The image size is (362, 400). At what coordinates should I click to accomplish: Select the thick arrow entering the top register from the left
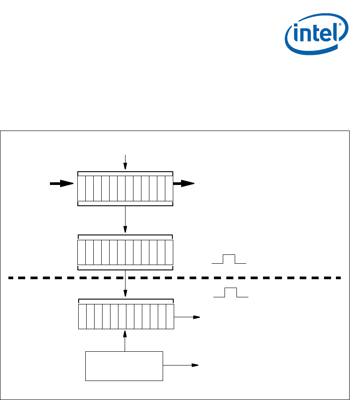point(61,184)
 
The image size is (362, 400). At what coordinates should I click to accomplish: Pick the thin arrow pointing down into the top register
point(126,162)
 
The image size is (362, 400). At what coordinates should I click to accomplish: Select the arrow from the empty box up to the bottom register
point(126,341)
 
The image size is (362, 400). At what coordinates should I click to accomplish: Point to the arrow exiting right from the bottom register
point(187,317)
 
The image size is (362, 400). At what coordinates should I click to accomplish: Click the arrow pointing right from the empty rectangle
point(181,365)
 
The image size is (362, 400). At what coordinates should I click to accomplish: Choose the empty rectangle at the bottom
point(124,366)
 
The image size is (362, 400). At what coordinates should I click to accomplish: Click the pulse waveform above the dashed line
point(229,259)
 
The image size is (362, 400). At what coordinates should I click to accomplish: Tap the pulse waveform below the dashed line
point(231,292)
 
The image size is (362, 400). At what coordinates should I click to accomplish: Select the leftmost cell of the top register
point(81,188)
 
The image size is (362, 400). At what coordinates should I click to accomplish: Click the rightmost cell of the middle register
point(169,252)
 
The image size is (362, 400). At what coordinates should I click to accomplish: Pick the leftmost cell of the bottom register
point(82,317)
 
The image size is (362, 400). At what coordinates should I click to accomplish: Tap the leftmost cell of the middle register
point(81,252)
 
